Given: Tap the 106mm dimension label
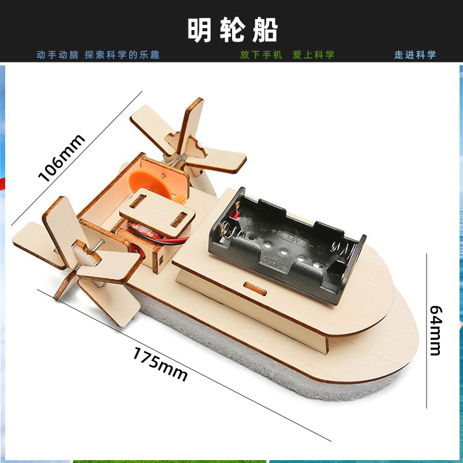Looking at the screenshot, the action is pos(61,157).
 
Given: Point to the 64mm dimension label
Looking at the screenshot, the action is pos(435,330).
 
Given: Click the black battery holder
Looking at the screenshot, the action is pos(286,243).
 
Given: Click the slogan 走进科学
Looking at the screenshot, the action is pos(415,55).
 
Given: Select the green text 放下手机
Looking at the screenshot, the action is pos(261,55).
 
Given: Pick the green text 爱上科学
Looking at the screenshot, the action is pos(313,55).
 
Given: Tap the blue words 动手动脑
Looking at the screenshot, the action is pos(57,55).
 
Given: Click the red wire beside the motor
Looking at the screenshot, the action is pos(174,239).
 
